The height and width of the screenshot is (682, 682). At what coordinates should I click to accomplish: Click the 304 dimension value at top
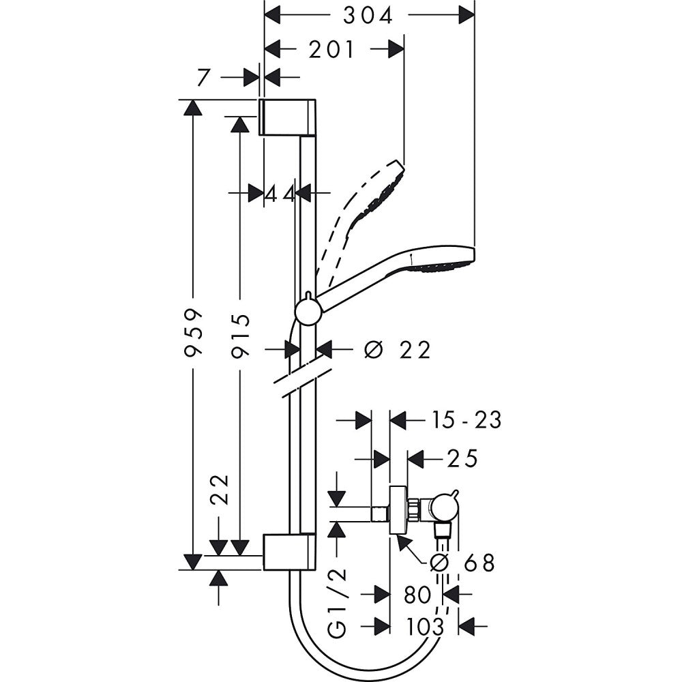pyautogui.click(x=368, y=15)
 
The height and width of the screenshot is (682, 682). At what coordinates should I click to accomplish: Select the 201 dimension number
pyautogui.click(x=332, y=49)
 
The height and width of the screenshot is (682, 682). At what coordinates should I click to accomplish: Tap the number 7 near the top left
pyautogui.click(x=203, y=78)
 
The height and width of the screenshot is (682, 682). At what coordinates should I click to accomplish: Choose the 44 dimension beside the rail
pyautogui.click(x=280, y=194)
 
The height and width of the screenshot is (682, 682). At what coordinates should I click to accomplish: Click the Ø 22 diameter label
pyautogui.click(x=398, y=350)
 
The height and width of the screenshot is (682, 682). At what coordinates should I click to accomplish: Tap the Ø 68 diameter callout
pyautogui.click(x=462, y=563)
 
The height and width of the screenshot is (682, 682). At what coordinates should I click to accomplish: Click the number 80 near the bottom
pyautogui.click(x=417, y=595)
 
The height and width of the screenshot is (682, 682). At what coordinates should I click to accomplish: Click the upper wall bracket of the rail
pyautogui.click(x=286, y=117)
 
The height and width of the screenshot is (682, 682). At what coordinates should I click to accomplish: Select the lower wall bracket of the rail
pyautogui.click(x=288, y=552)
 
